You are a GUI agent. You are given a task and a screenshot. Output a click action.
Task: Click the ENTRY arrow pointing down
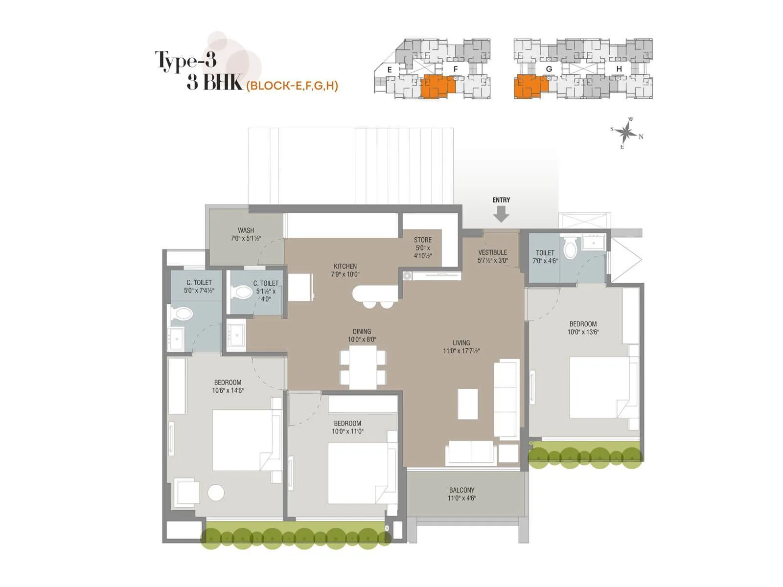point(501,214)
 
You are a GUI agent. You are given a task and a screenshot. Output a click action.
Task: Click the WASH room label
point(246,230)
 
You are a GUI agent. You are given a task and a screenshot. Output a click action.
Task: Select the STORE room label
point(423,240)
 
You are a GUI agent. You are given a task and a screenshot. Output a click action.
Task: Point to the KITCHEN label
point(345,267)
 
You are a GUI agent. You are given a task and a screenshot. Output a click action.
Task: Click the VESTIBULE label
point(492,252)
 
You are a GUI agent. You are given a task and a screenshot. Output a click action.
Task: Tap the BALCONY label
point(461,490)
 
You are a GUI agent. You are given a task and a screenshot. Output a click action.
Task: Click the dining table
point(363,367)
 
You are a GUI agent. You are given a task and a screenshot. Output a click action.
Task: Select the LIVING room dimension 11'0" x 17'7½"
point(461,351)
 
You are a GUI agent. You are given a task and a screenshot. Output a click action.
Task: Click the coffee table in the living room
point(468,404)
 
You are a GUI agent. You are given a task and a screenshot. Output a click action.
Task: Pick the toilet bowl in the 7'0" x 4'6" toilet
point(570,248)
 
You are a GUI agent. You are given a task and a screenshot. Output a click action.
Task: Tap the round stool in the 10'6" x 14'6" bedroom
point(216,493)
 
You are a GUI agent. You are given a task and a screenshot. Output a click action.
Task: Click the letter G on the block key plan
point(549,69)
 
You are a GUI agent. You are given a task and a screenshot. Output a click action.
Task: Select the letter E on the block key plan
point(390,69)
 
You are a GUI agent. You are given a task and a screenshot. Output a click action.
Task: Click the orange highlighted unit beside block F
point(438,87)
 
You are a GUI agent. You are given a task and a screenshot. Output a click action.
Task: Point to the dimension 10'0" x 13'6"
point(583,332)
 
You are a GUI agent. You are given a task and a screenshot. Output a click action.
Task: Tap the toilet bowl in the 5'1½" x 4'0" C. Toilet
point(243,293)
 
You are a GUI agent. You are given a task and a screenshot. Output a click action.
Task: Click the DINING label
point(362,331)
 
